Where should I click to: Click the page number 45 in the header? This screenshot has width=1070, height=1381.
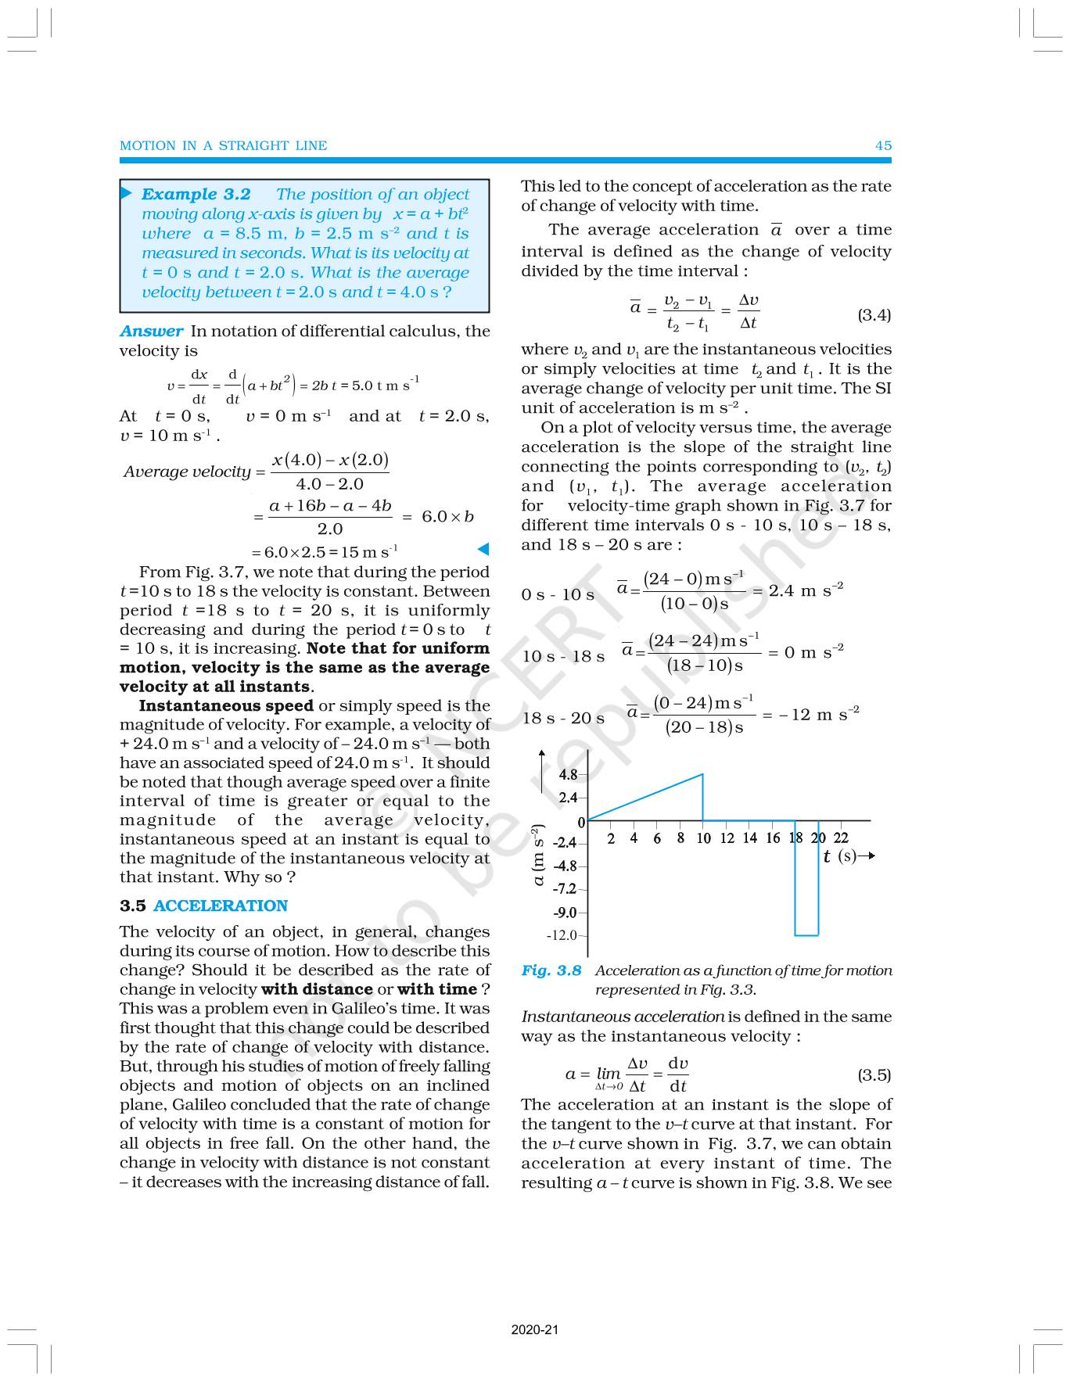pyautogui.click(x=883, y=145)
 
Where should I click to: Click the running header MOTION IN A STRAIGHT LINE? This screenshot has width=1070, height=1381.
pyautogui.click(x=223, y=145)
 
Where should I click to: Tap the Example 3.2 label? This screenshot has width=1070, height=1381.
pyautogui.click(x=196, y=194)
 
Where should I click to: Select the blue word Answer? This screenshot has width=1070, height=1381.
pyautogui.click(x=151, y=331)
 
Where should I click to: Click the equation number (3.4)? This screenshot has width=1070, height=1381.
pyautogui.click(x=874, y=315)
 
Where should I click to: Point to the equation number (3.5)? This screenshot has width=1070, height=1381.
pyautogui.click(x=874, y=1074)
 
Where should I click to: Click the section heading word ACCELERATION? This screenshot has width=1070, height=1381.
pyautogui.click(x=221, y=906)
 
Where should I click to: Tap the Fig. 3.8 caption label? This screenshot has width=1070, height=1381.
pyautogui.click(x=551, y=970)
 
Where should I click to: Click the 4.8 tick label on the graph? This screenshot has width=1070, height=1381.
pyautogui.click(x=568, y=775)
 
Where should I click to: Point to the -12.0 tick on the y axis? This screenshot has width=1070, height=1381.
pyautogui.click(x=562, y=935)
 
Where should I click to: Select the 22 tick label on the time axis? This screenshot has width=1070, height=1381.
pyautogui.click(x=841, y=838)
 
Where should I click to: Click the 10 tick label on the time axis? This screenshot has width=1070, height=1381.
pyautogui.click(x=703, y=838)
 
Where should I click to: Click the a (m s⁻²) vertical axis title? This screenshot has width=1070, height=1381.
pyautogui.click(x=538, y=854)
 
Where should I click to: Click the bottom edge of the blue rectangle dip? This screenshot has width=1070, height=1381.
pyautogui.click(x=806, y=935)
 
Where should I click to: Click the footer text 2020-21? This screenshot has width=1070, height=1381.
pyautogui.click(x=535, y=1329)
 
